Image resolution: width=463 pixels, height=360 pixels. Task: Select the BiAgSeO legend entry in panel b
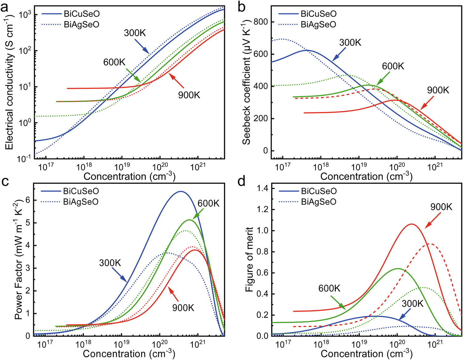pos(318,24)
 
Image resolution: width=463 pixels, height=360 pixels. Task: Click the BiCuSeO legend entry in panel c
pos(81,191)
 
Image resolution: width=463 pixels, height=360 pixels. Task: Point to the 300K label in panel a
pos(135,33)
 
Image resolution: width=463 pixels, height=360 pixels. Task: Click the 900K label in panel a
pos(189,95)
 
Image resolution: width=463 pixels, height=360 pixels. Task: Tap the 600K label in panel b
pos(393,66)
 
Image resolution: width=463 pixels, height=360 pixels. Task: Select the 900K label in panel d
pos(441,207)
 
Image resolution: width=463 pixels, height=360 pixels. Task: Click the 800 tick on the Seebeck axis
pos(260,22)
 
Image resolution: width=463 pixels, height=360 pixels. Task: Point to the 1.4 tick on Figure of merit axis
pos(262,188)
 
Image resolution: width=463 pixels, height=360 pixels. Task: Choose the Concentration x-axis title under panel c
pos(129,354)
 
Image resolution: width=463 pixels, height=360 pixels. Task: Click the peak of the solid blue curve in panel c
pos(181,192)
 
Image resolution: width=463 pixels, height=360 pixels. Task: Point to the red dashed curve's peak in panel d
pos(430,244)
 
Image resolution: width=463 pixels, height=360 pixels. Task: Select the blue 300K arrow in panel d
pos(404,316)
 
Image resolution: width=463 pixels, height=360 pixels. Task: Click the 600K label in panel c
pos(209,203)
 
